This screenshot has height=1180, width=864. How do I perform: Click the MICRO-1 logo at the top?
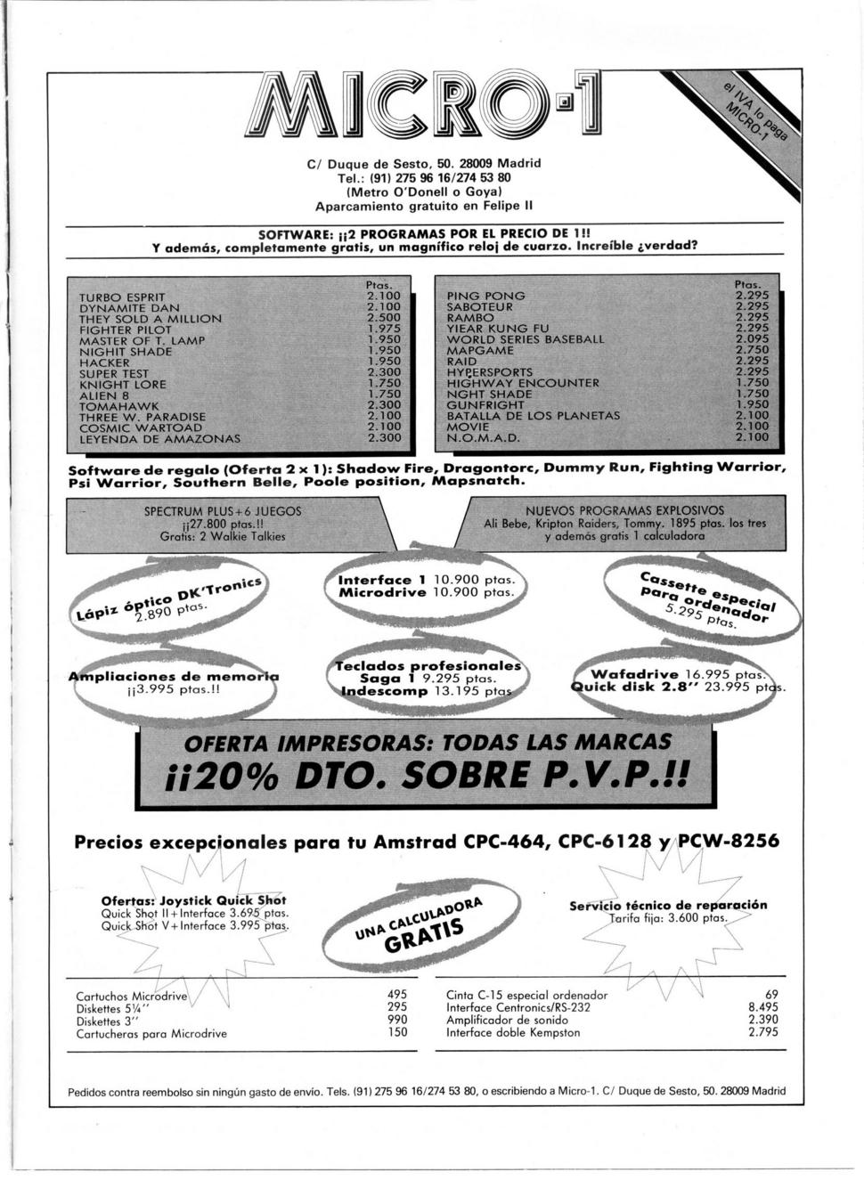click(424, 103)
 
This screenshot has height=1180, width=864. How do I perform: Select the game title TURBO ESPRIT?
click(122, 297)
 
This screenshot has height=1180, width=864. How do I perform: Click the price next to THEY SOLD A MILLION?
click(384, 318)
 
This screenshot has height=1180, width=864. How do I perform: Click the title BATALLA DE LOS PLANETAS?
click(534, 416)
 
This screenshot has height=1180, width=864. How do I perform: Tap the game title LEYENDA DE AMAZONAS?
click(159, 438)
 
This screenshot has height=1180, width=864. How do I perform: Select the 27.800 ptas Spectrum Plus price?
click(223, 525)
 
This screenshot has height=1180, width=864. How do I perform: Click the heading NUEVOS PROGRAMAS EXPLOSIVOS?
click(624, 510)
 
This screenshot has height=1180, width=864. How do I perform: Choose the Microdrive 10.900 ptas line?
click(427, 592)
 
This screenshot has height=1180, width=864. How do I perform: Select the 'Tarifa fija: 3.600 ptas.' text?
click(668, 918)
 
